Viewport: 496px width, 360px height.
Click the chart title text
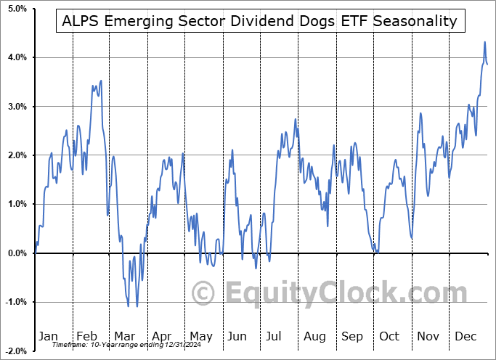pos(259,21)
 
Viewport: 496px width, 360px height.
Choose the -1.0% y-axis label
pos(16,302)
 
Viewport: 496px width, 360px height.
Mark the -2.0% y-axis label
pos(16,351)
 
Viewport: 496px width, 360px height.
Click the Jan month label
pos(48,336)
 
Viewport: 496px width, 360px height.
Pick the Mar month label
pos(123,336)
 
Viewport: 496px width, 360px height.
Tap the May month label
pos(200,336)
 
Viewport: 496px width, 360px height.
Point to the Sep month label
pos(352,336)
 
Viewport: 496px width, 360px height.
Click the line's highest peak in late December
pos(484,42)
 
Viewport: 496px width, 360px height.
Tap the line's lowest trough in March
pos(137,306)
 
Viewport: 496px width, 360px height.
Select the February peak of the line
pos(101,81)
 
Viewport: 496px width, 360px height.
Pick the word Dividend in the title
pos(251,21)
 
